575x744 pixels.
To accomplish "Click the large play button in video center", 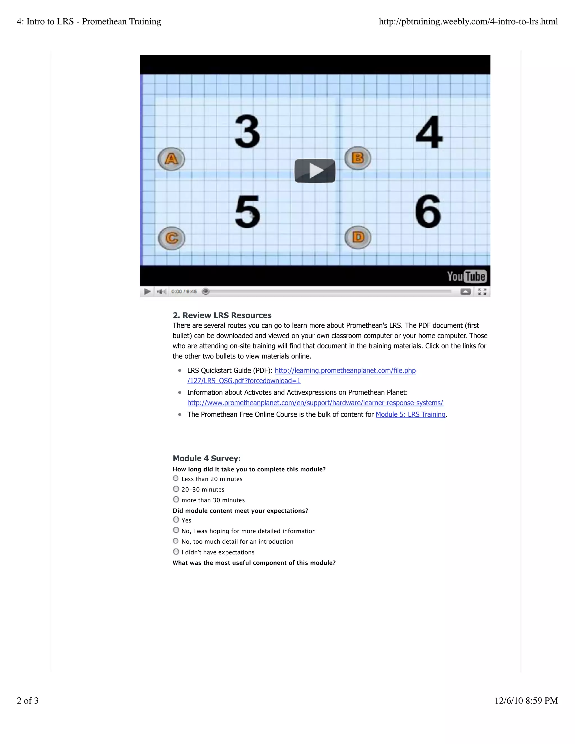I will [315, 171].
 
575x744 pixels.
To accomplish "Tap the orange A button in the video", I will [171, 159].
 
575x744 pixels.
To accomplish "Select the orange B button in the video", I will [358, 158].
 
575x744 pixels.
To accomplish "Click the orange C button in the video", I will [172, 238].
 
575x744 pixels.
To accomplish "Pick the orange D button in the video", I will [358, 237].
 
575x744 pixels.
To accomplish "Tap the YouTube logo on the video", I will [466, 276].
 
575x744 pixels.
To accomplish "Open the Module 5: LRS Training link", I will [410, 415].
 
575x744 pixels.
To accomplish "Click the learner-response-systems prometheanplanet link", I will [315, 403].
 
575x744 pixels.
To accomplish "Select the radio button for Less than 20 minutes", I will [176, 479].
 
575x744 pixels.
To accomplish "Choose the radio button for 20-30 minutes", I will [176, 489].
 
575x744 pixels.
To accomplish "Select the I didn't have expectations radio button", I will [176, 551].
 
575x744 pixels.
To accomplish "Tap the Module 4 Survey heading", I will [207, 458].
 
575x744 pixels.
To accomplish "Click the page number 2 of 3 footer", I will [28, 701].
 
